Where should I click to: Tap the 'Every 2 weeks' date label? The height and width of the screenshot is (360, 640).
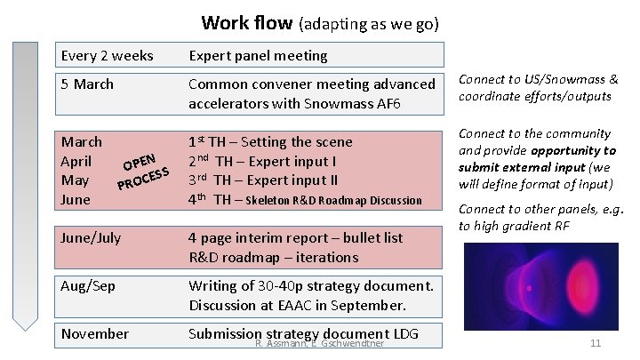(107, 56)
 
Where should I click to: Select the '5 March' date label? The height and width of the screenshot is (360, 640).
(88, 84)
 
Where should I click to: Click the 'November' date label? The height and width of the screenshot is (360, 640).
(95, 334)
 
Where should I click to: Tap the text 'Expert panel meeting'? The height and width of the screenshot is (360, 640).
(258, 56)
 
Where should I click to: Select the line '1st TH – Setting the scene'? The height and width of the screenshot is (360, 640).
(270, 142)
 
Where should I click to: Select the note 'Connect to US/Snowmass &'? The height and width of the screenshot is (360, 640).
(538, 80)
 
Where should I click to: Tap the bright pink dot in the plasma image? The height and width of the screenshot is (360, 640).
(531, 289)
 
